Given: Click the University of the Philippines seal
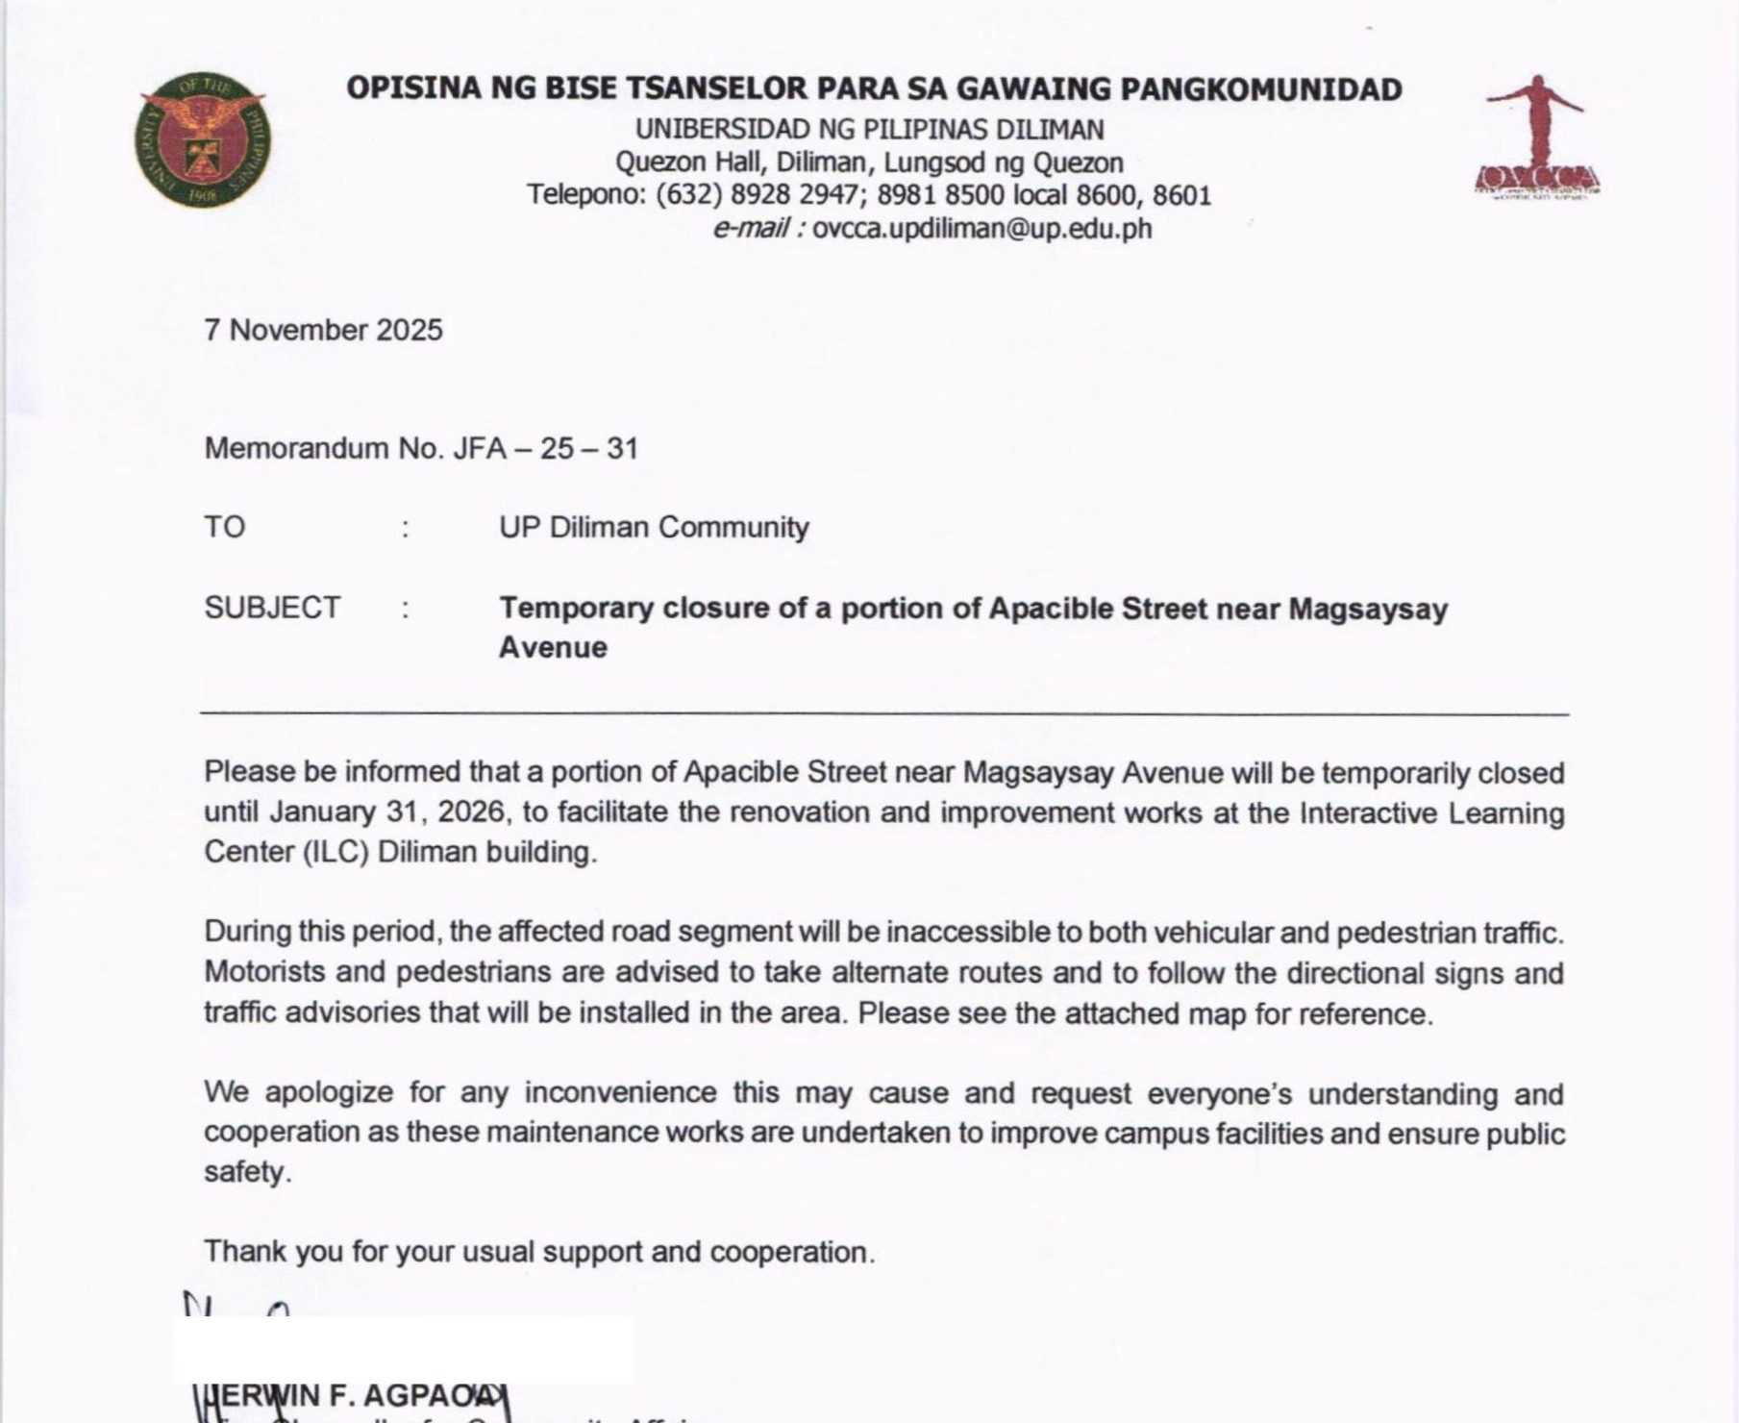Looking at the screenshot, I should [202, 140].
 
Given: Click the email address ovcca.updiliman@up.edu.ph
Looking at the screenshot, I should [981, 229].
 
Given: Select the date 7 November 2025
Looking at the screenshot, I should [323, 330].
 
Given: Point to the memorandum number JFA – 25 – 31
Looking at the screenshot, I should [545, 448].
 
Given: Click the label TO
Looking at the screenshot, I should [224, 527].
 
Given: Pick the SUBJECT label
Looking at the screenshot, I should [272, 608].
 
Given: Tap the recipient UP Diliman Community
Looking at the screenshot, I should [654, 527].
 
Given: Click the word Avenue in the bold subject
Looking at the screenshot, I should [553, 647].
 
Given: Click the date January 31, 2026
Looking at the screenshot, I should [387, 812].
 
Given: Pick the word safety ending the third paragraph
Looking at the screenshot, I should [245, 1172].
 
